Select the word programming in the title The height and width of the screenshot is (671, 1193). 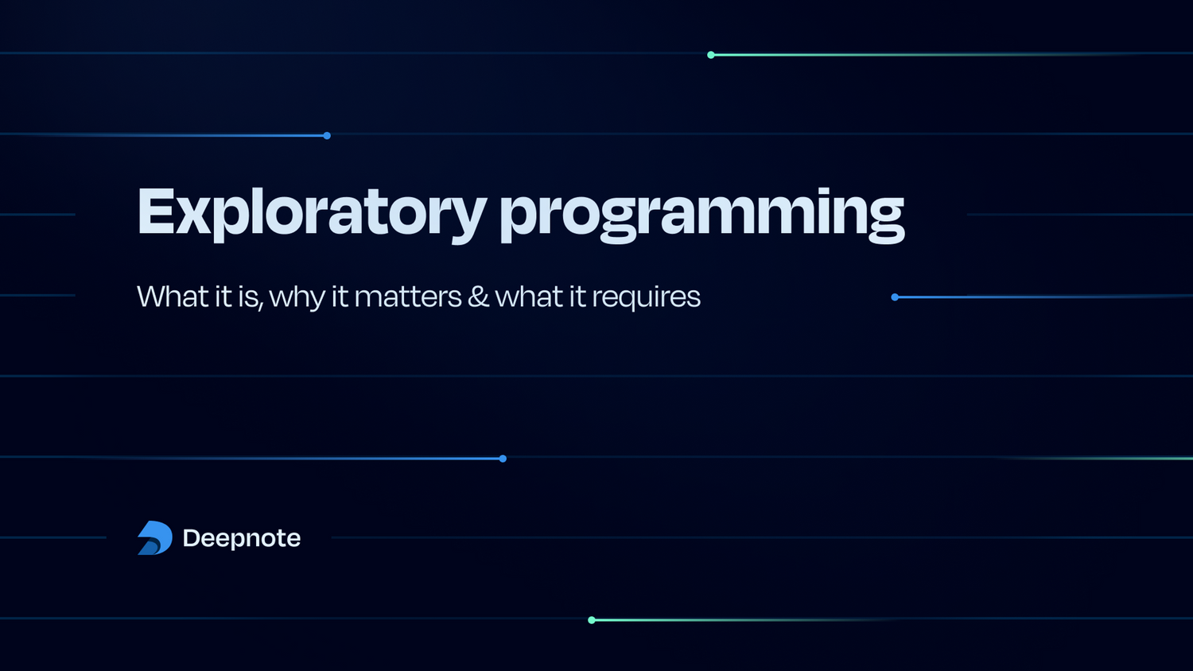click(x=701, y=213)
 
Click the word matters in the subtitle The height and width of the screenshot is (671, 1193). click(x=407, y=297)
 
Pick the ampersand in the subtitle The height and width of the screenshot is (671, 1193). click(x=478, y=296)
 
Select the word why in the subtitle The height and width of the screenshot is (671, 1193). click(x=297, y=298)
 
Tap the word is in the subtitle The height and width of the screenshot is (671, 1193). click(x=248, y=297)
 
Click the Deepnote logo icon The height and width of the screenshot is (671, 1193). click(x=154, y=538)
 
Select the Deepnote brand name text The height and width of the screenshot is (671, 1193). click(x=242, y=538)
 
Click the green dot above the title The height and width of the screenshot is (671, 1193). click(x=711, y=55)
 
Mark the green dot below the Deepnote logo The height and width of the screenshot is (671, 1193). click(x=592, y=620)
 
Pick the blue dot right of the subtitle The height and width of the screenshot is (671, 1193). click(x=895, y=297)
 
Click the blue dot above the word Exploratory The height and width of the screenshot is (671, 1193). click(x=327, y=136)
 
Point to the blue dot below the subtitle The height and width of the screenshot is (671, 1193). click(x=503, y=459)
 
